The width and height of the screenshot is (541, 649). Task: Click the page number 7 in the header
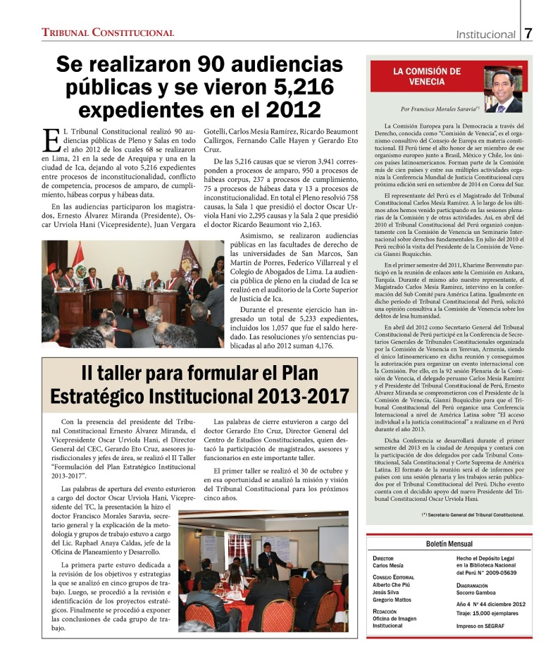tap(528, 32)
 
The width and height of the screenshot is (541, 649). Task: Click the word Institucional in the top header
tap(485, 34)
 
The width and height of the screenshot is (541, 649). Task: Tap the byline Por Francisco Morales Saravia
tap(440, 109)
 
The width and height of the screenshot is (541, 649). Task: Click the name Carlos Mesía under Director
tap(390, 565)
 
